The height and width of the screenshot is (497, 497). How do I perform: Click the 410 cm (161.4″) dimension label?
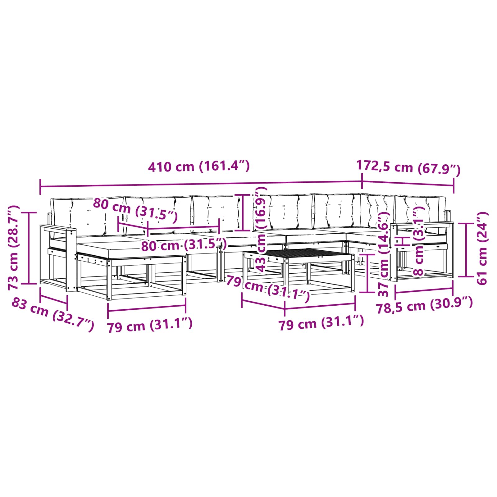point(199,167)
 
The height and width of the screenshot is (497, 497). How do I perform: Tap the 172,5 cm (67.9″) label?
point(408,167)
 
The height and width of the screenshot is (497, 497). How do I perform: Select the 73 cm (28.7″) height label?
point(14,248)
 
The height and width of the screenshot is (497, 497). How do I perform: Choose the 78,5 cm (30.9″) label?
point(424,306)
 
